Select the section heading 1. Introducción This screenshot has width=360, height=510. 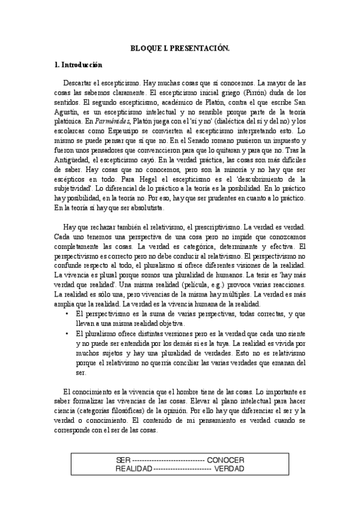point(78,64)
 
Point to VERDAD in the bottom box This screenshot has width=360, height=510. point(229,469)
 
